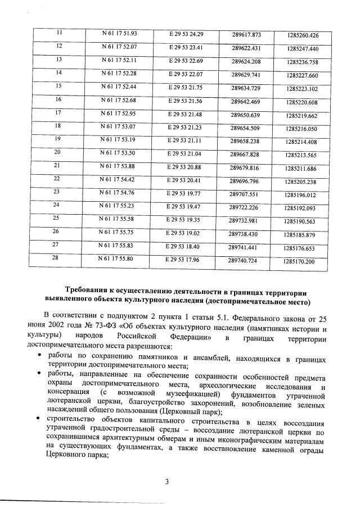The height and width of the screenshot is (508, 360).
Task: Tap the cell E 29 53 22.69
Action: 186,60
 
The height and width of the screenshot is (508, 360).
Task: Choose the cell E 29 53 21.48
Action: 186,114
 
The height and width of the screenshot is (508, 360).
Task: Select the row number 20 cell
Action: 57,152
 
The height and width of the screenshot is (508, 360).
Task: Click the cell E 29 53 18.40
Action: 184,246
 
